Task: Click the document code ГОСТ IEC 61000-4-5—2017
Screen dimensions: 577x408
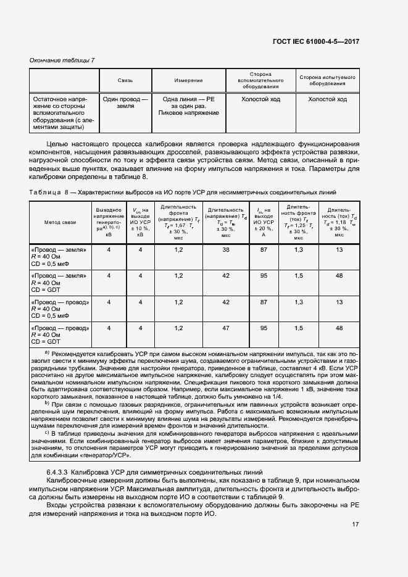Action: point(317,41)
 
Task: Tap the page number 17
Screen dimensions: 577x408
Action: point(356,525)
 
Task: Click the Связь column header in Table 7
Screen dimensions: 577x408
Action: point(125,81)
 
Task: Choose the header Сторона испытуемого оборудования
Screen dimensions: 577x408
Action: point(327,81)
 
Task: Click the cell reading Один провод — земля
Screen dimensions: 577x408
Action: point(125,102)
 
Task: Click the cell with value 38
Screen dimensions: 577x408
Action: point(226,249)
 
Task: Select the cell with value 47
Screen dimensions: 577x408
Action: point(226,328)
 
